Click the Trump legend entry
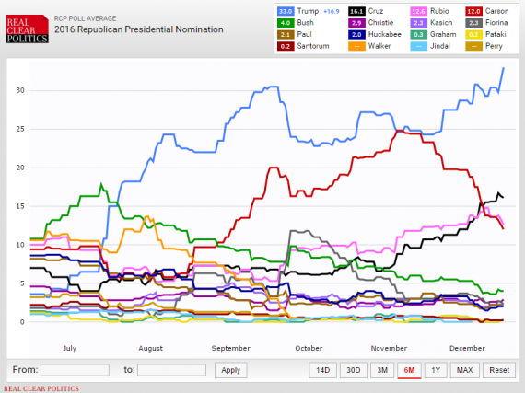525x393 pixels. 304,10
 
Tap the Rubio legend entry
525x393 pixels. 429,10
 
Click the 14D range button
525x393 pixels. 322,370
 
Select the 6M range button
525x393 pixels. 408,370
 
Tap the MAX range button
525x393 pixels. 464,370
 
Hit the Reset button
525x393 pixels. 497,370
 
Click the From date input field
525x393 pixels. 75,370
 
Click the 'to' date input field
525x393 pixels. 171,370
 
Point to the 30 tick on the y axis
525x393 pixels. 19,90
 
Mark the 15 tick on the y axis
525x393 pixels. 19,206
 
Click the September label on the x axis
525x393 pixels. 230,349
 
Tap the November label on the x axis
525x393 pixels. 388,349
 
